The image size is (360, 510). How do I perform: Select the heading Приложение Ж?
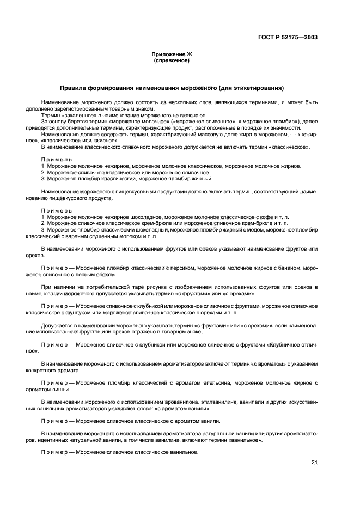(172, 54)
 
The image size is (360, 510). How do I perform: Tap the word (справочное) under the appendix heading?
(172, 60)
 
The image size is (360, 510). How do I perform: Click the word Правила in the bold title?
(73, 88)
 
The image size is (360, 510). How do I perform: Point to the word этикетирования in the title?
(257, 88)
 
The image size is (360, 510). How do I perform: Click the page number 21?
(314, 462)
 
